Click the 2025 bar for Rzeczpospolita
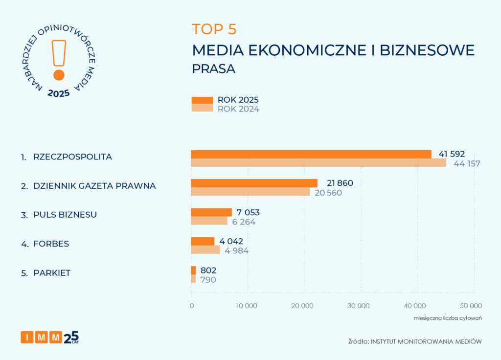311,154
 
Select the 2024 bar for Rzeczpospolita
318,163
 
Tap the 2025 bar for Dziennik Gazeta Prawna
254,183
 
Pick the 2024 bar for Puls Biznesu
209,221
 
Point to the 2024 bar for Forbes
205,250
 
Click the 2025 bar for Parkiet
193,270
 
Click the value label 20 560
328,193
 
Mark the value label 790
208,280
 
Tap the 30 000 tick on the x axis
361,306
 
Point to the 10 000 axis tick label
248,306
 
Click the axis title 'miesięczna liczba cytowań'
448,318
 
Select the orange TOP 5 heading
214,29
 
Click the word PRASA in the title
213,69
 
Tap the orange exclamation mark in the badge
59,59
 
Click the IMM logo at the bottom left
49,337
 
